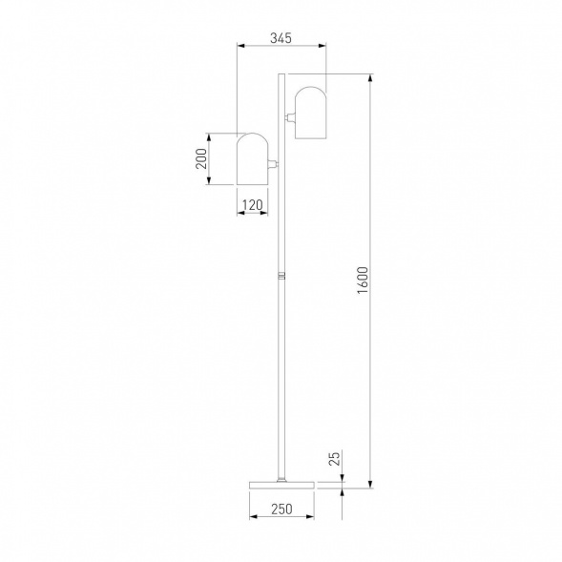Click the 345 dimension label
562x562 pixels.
point(281,37)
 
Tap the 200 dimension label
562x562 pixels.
point(201,158)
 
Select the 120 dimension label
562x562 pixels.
point(253,205)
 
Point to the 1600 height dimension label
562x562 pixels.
point(363,281)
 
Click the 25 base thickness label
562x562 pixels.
point(334,459)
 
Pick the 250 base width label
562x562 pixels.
point(281,509)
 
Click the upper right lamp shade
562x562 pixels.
point(310,113)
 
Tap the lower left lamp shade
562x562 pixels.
point(252,159)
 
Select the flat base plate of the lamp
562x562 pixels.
point(281,485)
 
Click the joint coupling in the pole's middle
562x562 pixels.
point(281,276)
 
